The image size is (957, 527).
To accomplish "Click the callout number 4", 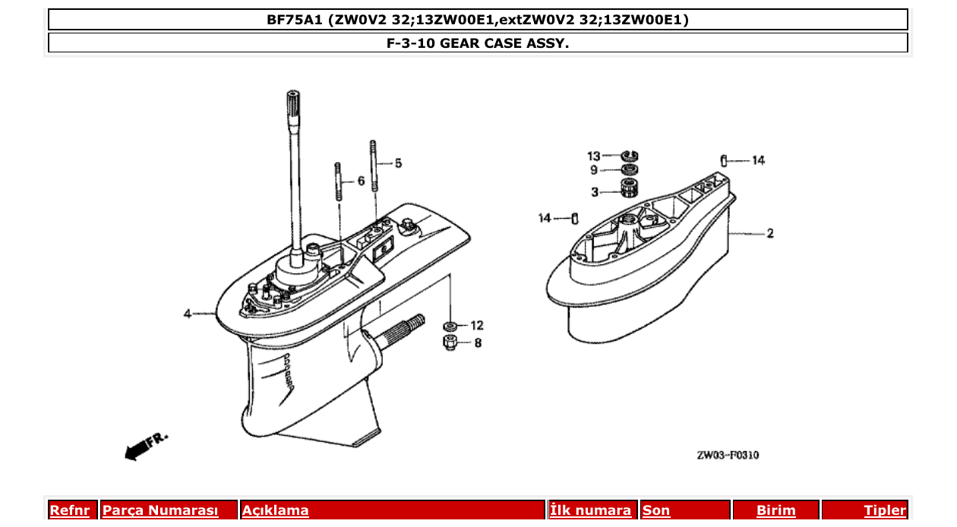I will (187, 313).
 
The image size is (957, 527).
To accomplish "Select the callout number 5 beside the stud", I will (398, 163).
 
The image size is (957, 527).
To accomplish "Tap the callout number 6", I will (361, 181).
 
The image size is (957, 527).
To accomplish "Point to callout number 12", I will (476, 325).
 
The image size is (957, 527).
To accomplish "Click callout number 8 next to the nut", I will (478, 342).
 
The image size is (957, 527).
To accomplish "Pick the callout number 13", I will (594, 156).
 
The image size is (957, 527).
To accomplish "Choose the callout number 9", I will (595, 170).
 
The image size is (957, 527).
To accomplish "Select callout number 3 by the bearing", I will (595, 191).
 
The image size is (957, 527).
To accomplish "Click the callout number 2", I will (770, 233).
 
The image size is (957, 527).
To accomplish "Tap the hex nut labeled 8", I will (450, 342).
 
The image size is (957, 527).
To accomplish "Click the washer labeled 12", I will (450, 326).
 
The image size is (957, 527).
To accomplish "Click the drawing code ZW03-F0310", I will (728, 456).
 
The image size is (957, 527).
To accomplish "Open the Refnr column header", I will (69, 510).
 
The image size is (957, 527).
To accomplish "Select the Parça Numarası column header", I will (160, 510).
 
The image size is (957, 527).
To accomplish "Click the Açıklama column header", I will (275, 510).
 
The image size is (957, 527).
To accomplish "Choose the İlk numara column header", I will (590, 510).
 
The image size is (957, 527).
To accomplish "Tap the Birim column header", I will (775, 510).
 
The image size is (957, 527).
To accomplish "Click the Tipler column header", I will (884, 510).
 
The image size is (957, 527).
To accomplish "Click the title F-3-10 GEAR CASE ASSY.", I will (478, 43).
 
